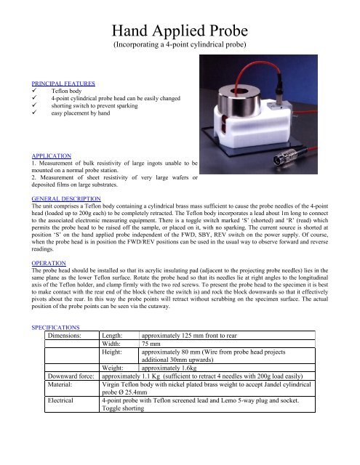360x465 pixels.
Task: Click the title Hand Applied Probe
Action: pyautogui.click(x=180, y=32)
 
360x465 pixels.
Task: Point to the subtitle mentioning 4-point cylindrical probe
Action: pyautogui.click(x=180, y=52)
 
